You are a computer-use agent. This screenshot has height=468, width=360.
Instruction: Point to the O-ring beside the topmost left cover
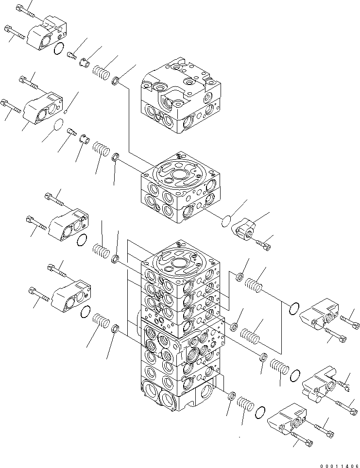pos(58,48)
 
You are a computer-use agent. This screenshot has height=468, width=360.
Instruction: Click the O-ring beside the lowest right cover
pos(260,412)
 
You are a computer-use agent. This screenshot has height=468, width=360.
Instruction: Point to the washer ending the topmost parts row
pos(116,81)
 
